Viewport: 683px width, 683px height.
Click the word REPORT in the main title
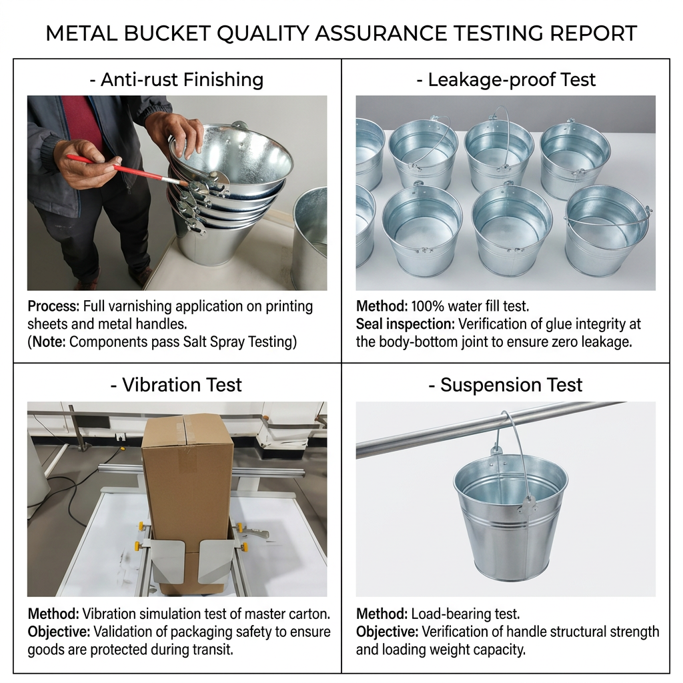point(594,33)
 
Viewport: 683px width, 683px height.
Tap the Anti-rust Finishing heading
point(176,80)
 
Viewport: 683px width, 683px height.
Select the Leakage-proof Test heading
point(506,80)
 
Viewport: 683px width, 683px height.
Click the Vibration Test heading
point(176,385)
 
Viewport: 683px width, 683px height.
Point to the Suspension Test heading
point(506,385)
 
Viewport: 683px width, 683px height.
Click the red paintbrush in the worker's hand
point(126,170)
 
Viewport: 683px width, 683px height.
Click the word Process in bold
point(53,307)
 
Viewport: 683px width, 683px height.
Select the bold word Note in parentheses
point(49,342)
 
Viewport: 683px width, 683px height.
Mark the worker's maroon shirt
point(83,122)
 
